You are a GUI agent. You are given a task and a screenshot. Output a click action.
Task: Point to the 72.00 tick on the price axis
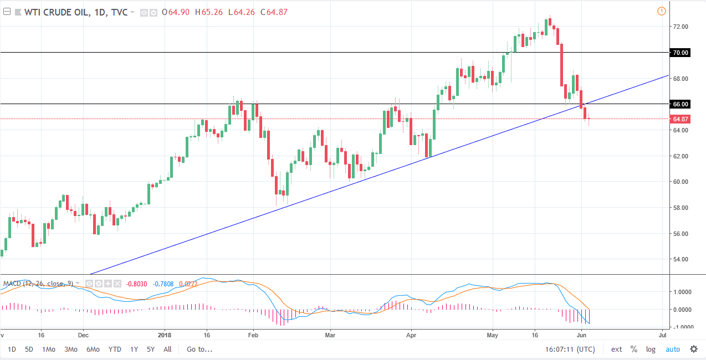pos(681,27)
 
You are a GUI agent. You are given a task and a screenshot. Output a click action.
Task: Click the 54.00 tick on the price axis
pos(681,259)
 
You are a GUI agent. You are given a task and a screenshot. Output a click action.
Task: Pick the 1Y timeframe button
pos(134,349)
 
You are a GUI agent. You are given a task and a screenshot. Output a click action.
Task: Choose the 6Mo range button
pos(93,349)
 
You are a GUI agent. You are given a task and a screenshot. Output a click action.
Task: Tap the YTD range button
pos(115,349)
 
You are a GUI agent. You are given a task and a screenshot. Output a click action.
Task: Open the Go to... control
pos(199,349)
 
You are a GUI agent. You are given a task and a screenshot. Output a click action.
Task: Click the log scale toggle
pos(651,349)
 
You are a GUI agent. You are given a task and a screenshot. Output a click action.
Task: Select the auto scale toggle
pos(672,349)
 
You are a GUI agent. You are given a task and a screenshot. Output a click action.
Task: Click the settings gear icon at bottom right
pos(694,349)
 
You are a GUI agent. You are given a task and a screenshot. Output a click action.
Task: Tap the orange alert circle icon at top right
pos(661,11)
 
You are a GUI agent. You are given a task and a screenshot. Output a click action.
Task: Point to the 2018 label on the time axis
pos(165,335)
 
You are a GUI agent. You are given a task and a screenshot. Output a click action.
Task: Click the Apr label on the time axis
pos(411,335)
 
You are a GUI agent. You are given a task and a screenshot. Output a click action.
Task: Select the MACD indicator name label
pos(12,284)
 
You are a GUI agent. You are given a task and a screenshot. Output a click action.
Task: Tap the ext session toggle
pos(617,349)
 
